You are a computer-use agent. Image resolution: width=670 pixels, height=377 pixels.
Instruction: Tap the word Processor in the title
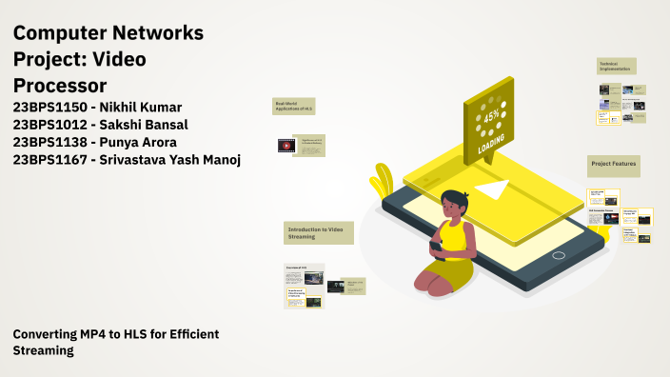[59, 86]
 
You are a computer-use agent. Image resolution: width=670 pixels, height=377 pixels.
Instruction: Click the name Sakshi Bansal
[153, 125]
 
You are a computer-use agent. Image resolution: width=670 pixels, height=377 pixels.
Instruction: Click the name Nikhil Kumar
[154, 107]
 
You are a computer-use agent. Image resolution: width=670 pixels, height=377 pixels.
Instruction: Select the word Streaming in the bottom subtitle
[43, 350]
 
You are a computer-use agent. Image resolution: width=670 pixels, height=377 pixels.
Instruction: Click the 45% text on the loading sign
[492, 116]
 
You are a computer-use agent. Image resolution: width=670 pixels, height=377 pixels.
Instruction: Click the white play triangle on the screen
[492, 190]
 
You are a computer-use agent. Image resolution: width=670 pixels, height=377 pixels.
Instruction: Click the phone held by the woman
[434, 247]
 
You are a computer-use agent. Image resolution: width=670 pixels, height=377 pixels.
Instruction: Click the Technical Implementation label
[616, 66]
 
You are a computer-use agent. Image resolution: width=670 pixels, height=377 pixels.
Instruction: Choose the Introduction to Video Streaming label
[319, 232]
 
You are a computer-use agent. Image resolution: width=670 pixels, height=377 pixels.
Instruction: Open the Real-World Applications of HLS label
[294, 108]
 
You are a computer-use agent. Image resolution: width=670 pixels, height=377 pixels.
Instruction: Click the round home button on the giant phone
[560, 254]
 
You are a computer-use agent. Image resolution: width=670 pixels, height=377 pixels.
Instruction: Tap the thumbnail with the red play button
[286, 146]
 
